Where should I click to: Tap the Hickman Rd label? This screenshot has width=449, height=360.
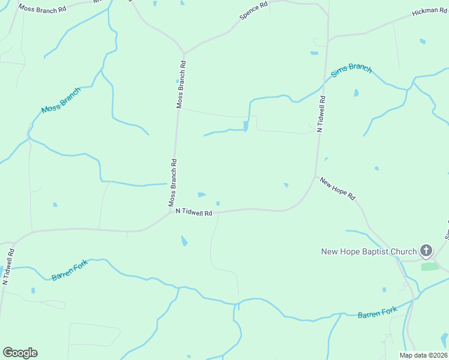(x=429, y=13)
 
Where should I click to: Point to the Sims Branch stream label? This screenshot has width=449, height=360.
(x=352, y=71)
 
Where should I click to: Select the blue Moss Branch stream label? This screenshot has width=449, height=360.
(x=61, y=100)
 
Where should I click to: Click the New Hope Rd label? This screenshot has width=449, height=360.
(x=337, y=188)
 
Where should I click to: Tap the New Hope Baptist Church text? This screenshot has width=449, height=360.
(x=368, y=251)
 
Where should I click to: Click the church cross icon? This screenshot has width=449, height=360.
(x=426, y=250)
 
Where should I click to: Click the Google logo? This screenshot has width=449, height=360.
(x=20, y=353)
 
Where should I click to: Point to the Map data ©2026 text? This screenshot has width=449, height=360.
(x=423, y=355)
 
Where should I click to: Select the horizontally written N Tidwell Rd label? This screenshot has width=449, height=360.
(x=194, y=212)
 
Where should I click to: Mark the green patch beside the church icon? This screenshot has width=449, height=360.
(x=430, y=266)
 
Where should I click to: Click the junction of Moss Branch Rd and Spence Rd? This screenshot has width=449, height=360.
(x=184, y=53)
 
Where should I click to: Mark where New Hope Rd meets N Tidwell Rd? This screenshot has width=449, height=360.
(x=316, y=176)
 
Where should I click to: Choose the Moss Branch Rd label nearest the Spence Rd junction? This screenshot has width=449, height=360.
(x=182, y=83)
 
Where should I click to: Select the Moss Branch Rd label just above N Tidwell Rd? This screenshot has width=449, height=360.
(x=173, y=181)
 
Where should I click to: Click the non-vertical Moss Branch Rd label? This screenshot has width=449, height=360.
(x=42, y=9)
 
